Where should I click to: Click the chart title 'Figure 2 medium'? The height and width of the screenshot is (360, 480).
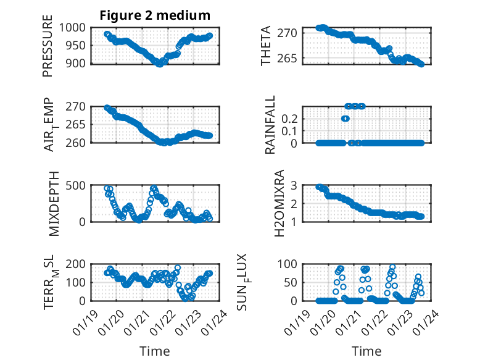155,15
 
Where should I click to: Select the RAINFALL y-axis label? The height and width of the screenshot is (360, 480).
270,124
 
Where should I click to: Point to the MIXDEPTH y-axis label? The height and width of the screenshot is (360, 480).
53,203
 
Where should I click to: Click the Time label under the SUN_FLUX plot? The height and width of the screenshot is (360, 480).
366,351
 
